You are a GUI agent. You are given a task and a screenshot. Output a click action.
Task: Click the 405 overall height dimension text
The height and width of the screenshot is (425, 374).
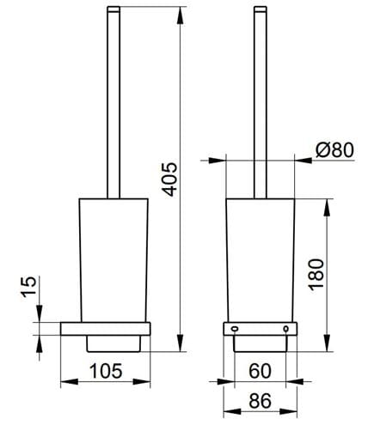(171, 179)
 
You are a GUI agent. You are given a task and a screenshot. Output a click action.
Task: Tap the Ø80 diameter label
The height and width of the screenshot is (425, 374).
(334, 149)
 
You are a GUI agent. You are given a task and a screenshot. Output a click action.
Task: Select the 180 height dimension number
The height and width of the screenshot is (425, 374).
(316, 275)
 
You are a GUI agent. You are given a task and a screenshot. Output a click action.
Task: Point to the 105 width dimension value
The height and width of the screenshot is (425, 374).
(106, 371)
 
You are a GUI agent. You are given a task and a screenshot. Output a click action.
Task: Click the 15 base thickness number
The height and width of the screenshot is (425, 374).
(29, 287)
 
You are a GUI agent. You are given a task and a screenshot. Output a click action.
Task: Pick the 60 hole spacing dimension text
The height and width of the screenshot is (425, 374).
(260, 371)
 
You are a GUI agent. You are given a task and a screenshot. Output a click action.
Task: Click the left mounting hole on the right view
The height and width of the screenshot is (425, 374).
(235, 329)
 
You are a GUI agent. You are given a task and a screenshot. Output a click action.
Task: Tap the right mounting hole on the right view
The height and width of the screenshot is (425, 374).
(285, 329)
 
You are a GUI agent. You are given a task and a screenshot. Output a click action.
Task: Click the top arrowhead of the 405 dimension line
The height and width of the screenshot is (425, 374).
(180, 15)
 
